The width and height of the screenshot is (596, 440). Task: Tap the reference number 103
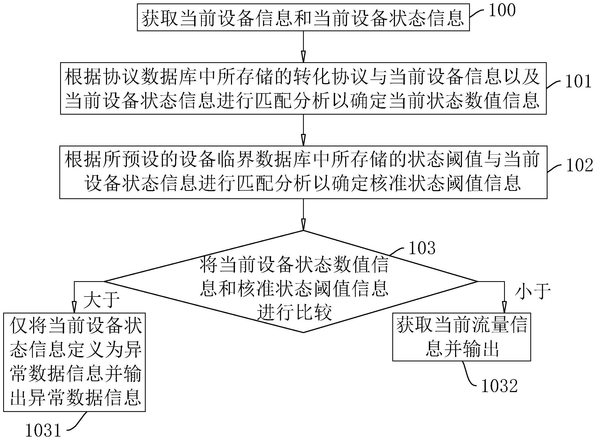coord(422,248)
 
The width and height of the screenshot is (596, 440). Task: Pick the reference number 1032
coord(500,386)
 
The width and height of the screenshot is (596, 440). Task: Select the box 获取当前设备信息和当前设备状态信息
coord(303,18)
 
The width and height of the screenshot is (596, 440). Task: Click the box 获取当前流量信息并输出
coord(461,337)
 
